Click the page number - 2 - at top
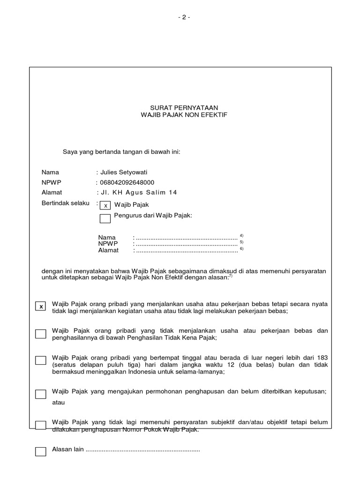point(184,17)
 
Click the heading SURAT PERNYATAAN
point(184,107)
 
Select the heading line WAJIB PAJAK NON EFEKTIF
point(184,114)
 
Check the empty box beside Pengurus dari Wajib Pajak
point(105,218)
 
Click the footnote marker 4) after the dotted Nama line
point(241,235)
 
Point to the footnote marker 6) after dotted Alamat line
point(241,248)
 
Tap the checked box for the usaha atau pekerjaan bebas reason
point(41,307)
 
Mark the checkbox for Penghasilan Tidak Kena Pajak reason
point(41,334)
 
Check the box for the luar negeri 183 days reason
point(41,360)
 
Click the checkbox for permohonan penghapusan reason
point(41,394)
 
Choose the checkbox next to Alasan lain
point(41,451)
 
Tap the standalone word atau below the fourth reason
point(59,402)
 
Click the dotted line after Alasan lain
point(143,450)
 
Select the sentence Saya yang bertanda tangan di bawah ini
point(122,152)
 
